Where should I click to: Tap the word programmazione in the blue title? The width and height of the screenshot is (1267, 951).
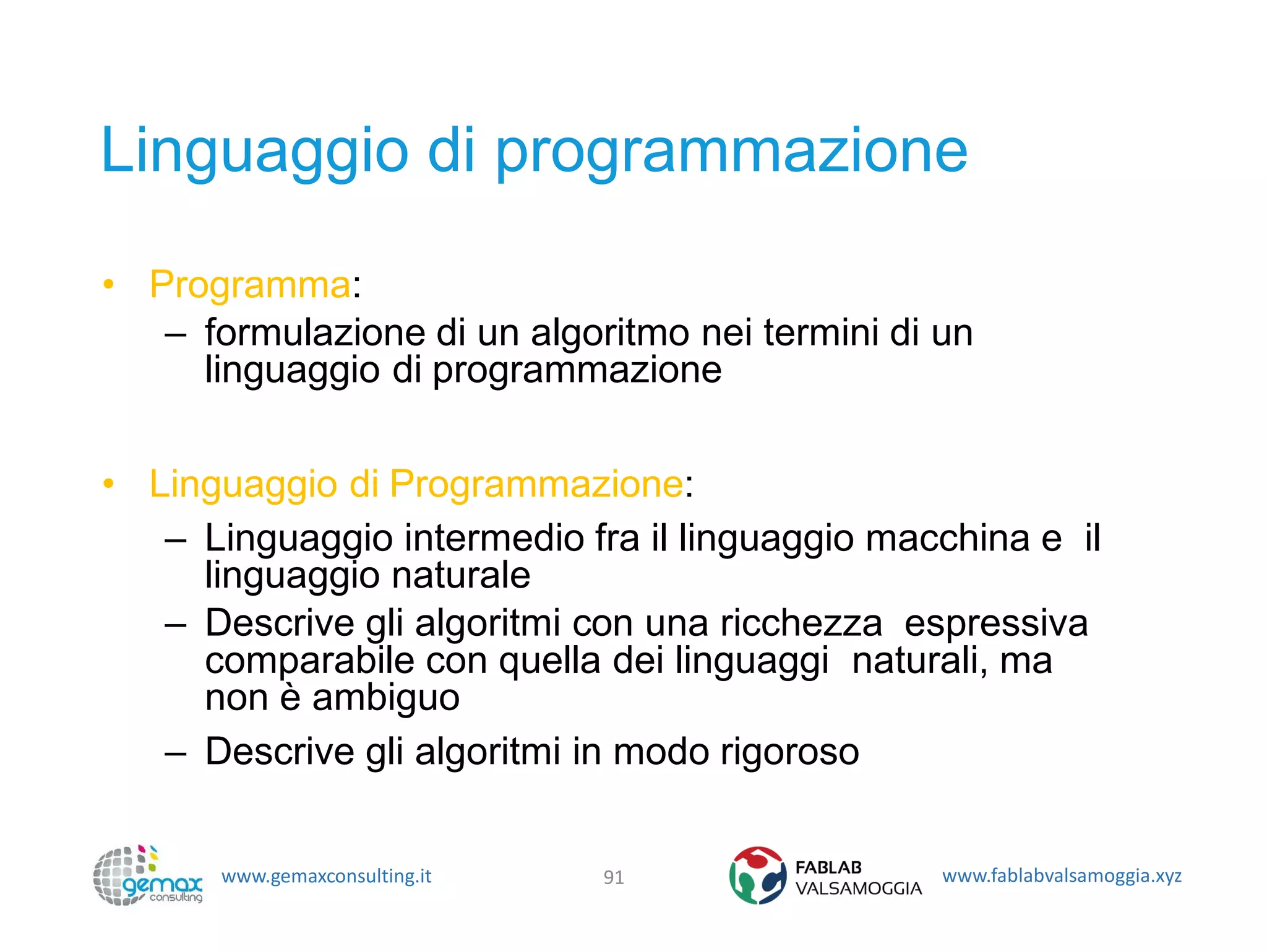point(731,152)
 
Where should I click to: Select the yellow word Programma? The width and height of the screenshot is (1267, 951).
point(251,285)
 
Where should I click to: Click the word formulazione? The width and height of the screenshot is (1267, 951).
point(315,332)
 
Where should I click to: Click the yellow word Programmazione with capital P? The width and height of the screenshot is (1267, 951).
point(536,484)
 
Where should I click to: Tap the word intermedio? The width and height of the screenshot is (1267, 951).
point(494,537)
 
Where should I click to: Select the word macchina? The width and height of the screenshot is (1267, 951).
point(947,537)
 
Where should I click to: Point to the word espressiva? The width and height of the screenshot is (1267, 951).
point(995,623)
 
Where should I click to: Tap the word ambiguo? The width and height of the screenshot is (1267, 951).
point(385,698)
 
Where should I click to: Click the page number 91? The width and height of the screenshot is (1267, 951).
point(614,877)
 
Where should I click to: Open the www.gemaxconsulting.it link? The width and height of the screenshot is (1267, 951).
point(326,876)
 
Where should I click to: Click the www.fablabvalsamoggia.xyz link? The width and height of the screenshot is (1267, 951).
point(1062,875)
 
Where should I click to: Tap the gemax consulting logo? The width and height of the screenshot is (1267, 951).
point(147,875)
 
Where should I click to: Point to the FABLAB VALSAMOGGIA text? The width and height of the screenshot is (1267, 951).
point(858,878)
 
